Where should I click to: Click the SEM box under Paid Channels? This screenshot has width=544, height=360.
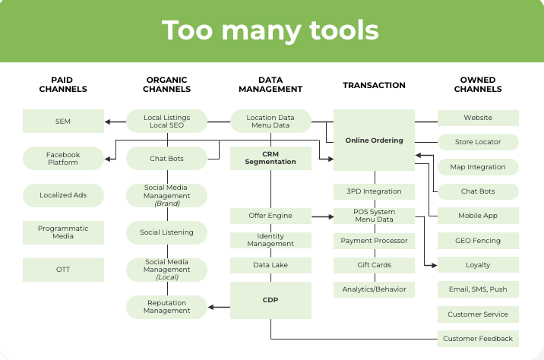click(63, 122)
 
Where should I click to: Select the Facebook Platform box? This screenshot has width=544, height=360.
click(63, 159)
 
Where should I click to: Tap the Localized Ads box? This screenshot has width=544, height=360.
click(63, 195)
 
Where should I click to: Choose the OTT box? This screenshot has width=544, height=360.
click(63, 270)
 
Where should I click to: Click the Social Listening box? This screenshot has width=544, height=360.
click(166, 232)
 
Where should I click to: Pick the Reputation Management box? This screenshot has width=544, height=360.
click(166, 307)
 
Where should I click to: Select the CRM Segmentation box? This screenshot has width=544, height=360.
click(270, 158)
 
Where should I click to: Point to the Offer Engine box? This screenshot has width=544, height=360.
click(270, 216)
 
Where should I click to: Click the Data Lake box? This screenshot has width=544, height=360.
click(270, 265)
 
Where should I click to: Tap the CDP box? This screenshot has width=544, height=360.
click(270, 300)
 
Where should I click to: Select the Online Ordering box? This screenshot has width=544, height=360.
click(374, 141)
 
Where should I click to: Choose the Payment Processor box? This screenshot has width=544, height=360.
click(374, 241)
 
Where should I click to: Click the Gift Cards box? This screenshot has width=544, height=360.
click(374, 265)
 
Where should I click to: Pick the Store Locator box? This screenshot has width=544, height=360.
click(478, 142)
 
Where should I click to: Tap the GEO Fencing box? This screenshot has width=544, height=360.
click(478, 241)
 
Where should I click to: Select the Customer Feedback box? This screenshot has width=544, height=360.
click(478, 339)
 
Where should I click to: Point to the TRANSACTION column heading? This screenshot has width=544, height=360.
click(374, 85)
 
